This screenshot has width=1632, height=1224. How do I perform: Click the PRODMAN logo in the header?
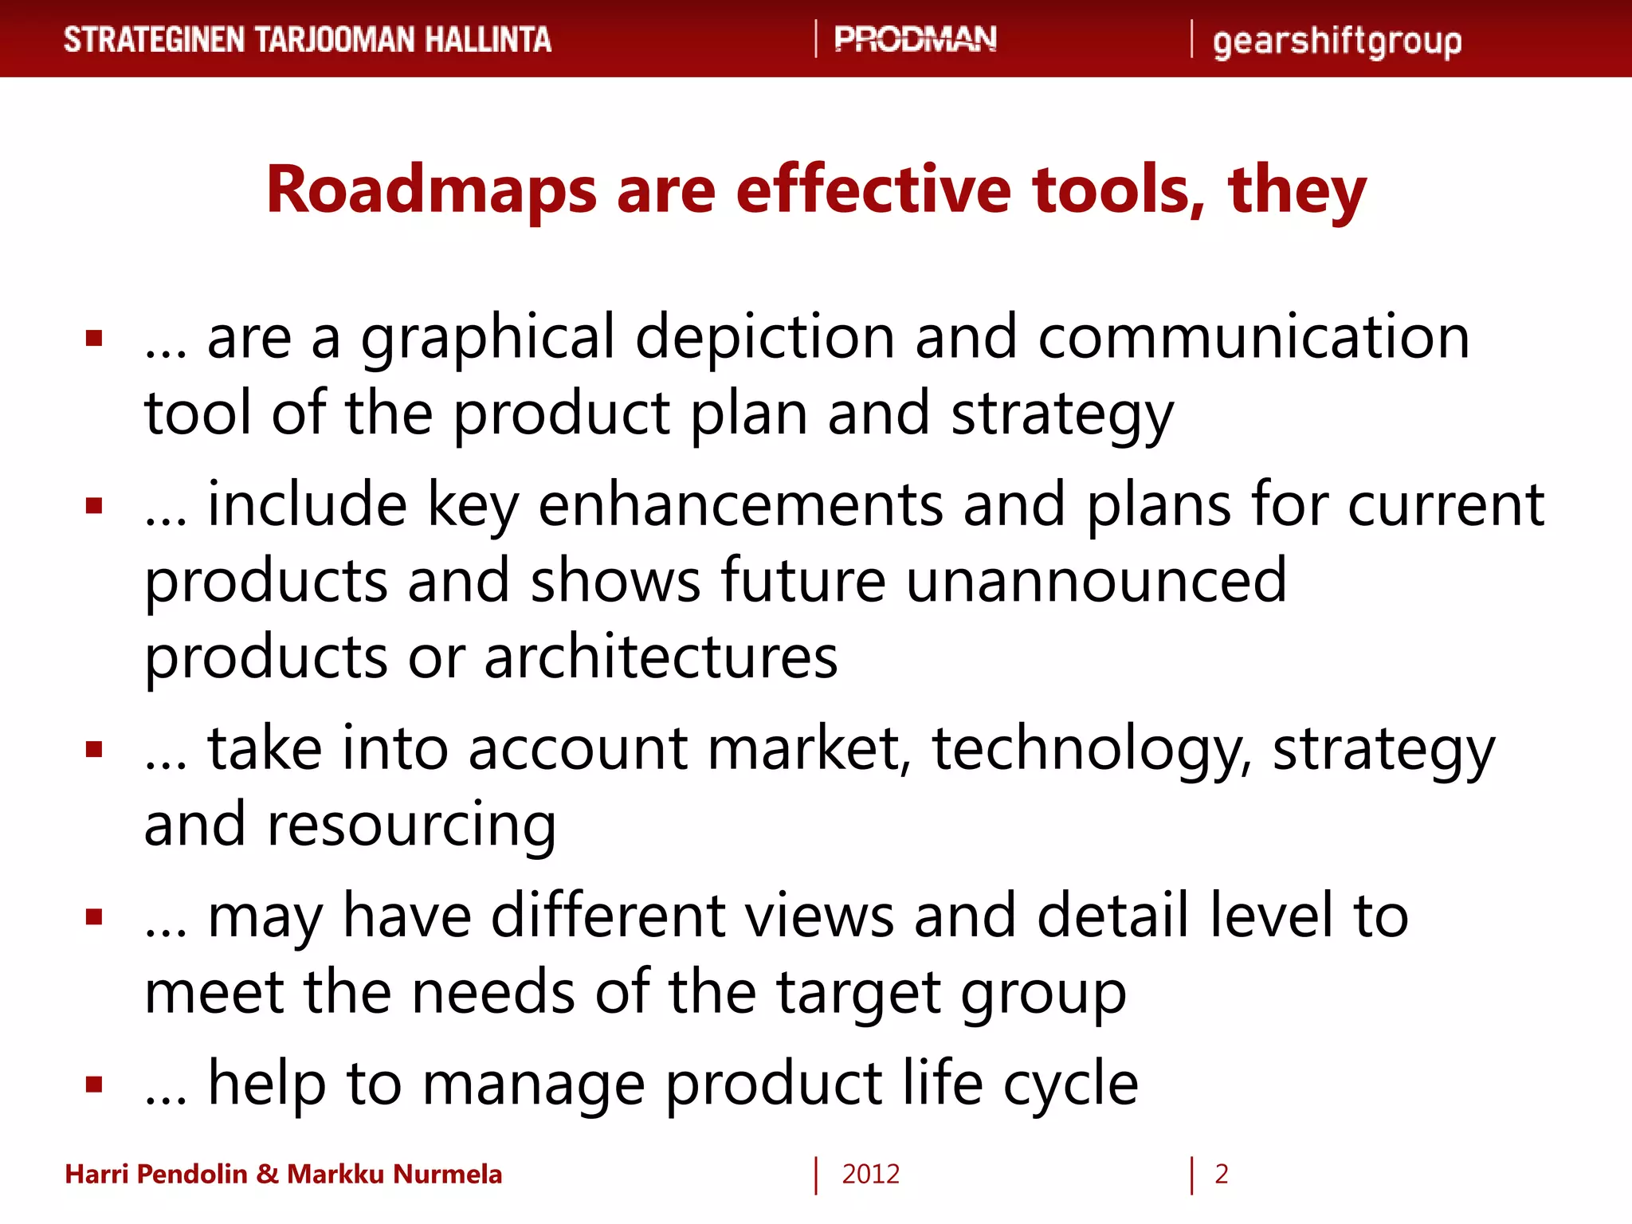coord(915,39)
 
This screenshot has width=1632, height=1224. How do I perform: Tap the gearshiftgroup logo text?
coord(1337,41)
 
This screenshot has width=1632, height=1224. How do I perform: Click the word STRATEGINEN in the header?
coord(154,40)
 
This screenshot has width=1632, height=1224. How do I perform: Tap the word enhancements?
coord(740,505)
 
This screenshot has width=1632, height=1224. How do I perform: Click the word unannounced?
coord(1096,581)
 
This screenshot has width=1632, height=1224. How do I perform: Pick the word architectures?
coord(661,657)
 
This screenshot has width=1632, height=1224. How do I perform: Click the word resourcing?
coord(411,826)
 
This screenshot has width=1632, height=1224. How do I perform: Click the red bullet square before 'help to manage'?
coord(95,1085)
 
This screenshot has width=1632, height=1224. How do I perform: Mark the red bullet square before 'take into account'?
coord(95,749)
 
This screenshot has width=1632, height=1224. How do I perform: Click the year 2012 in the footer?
coord(870,1175)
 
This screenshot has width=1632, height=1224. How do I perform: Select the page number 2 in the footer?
coord(1221,1175)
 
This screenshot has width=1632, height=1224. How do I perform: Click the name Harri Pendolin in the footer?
coord(156,1175)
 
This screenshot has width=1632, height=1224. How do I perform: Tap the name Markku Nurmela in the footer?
coord(394,1175)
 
